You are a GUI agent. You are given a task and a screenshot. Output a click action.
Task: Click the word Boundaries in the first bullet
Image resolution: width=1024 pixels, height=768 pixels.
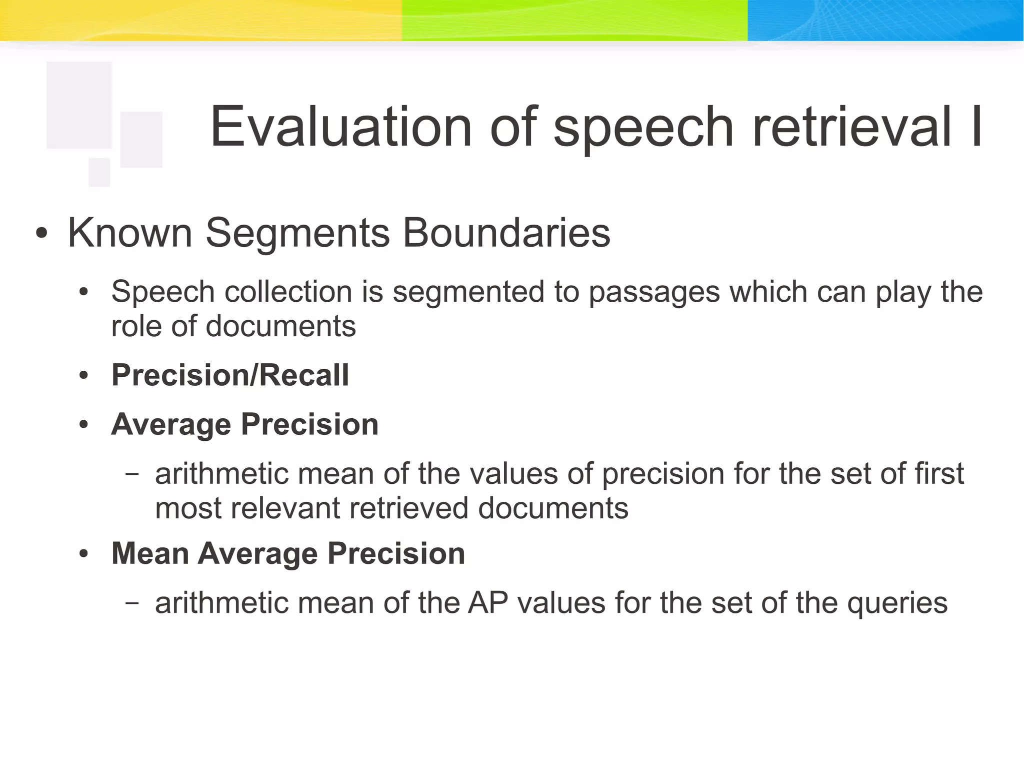pos(506,233)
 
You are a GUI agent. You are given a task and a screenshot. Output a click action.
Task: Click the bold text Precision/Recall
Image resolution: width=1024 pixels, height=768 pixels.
pos(230,375)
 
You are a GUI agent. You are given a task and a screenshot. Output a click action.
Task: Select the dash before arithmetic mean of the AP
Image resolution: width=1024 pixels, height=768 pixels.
pos(132,602)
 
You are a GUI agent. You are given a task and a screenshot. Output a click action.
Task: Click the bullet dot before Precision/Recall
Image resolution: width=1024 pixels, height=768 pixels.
pos(83,376)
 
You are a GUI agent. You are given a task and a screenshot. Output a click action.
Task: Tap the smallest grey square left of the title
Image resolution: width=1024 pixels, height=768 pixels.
pos(99,172)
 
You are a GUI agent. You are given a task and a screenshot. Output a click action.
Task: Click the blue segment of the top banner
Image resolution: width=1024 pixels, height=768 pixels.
pos(885,20)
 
